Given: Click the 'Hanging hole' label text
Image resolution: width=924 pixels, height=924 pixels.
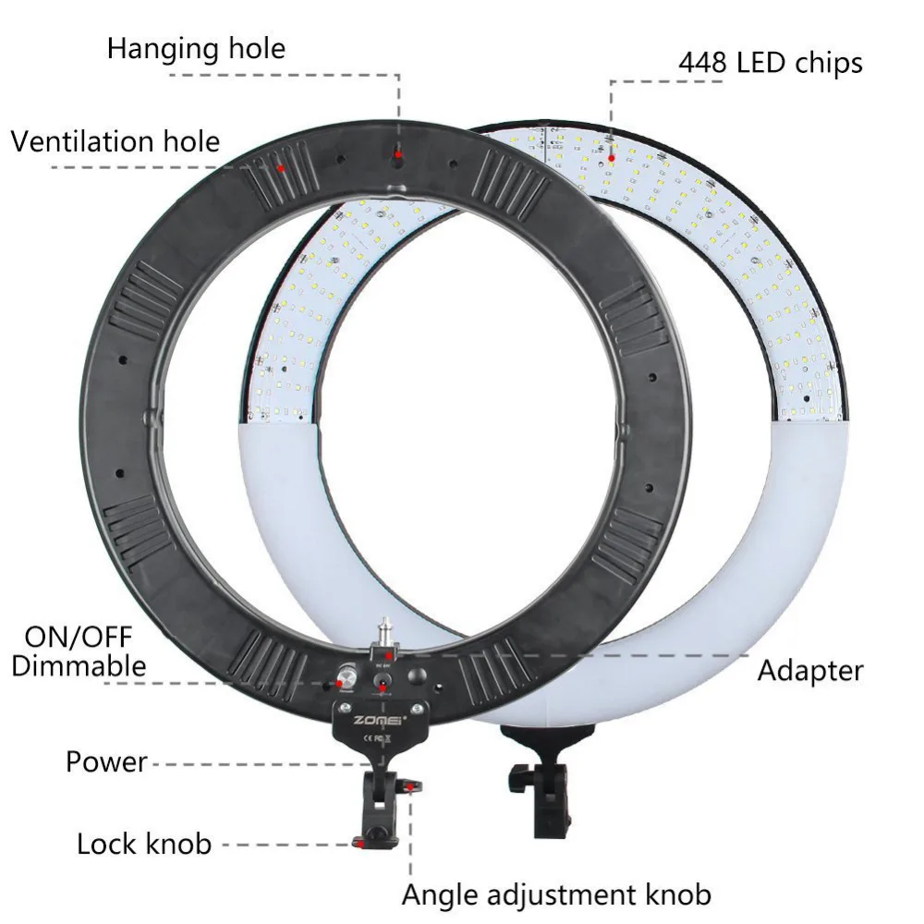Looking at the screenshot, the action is coord(196,48).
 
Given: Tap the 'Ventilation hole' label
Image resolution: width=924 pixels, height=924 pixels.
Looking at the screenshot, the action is coord(115,141).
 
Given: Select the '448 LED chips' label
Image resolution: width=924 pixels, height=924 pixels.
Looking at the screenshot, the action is coord(771,62).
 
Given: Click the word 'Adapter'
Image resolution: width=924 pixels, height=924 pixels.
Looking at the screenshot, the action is coord(810,670).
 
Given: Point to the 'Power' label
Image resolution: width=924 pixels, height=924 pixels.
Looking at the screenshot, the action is coord(106,762).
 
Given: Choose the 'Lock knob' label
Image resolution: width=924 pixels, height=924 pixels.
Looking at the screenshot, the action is coord(144,844).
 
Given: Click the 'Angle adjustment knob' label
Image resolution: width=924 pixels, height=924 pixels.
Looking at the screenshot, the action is coord(556,894).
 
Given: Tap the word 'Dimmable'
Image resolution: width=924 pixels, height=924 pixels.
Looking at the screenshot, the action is coord(79,665).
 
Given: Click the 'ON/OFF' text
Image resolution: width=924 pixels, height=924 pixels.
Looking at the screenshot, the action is coord(79,637).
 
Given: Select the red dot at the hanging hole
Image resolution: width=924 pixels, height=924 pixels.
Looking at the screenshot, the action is coord(399,154).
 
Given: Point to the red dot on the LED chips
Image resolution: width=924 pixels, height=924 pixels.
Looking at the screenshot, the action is coord(611,140).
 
